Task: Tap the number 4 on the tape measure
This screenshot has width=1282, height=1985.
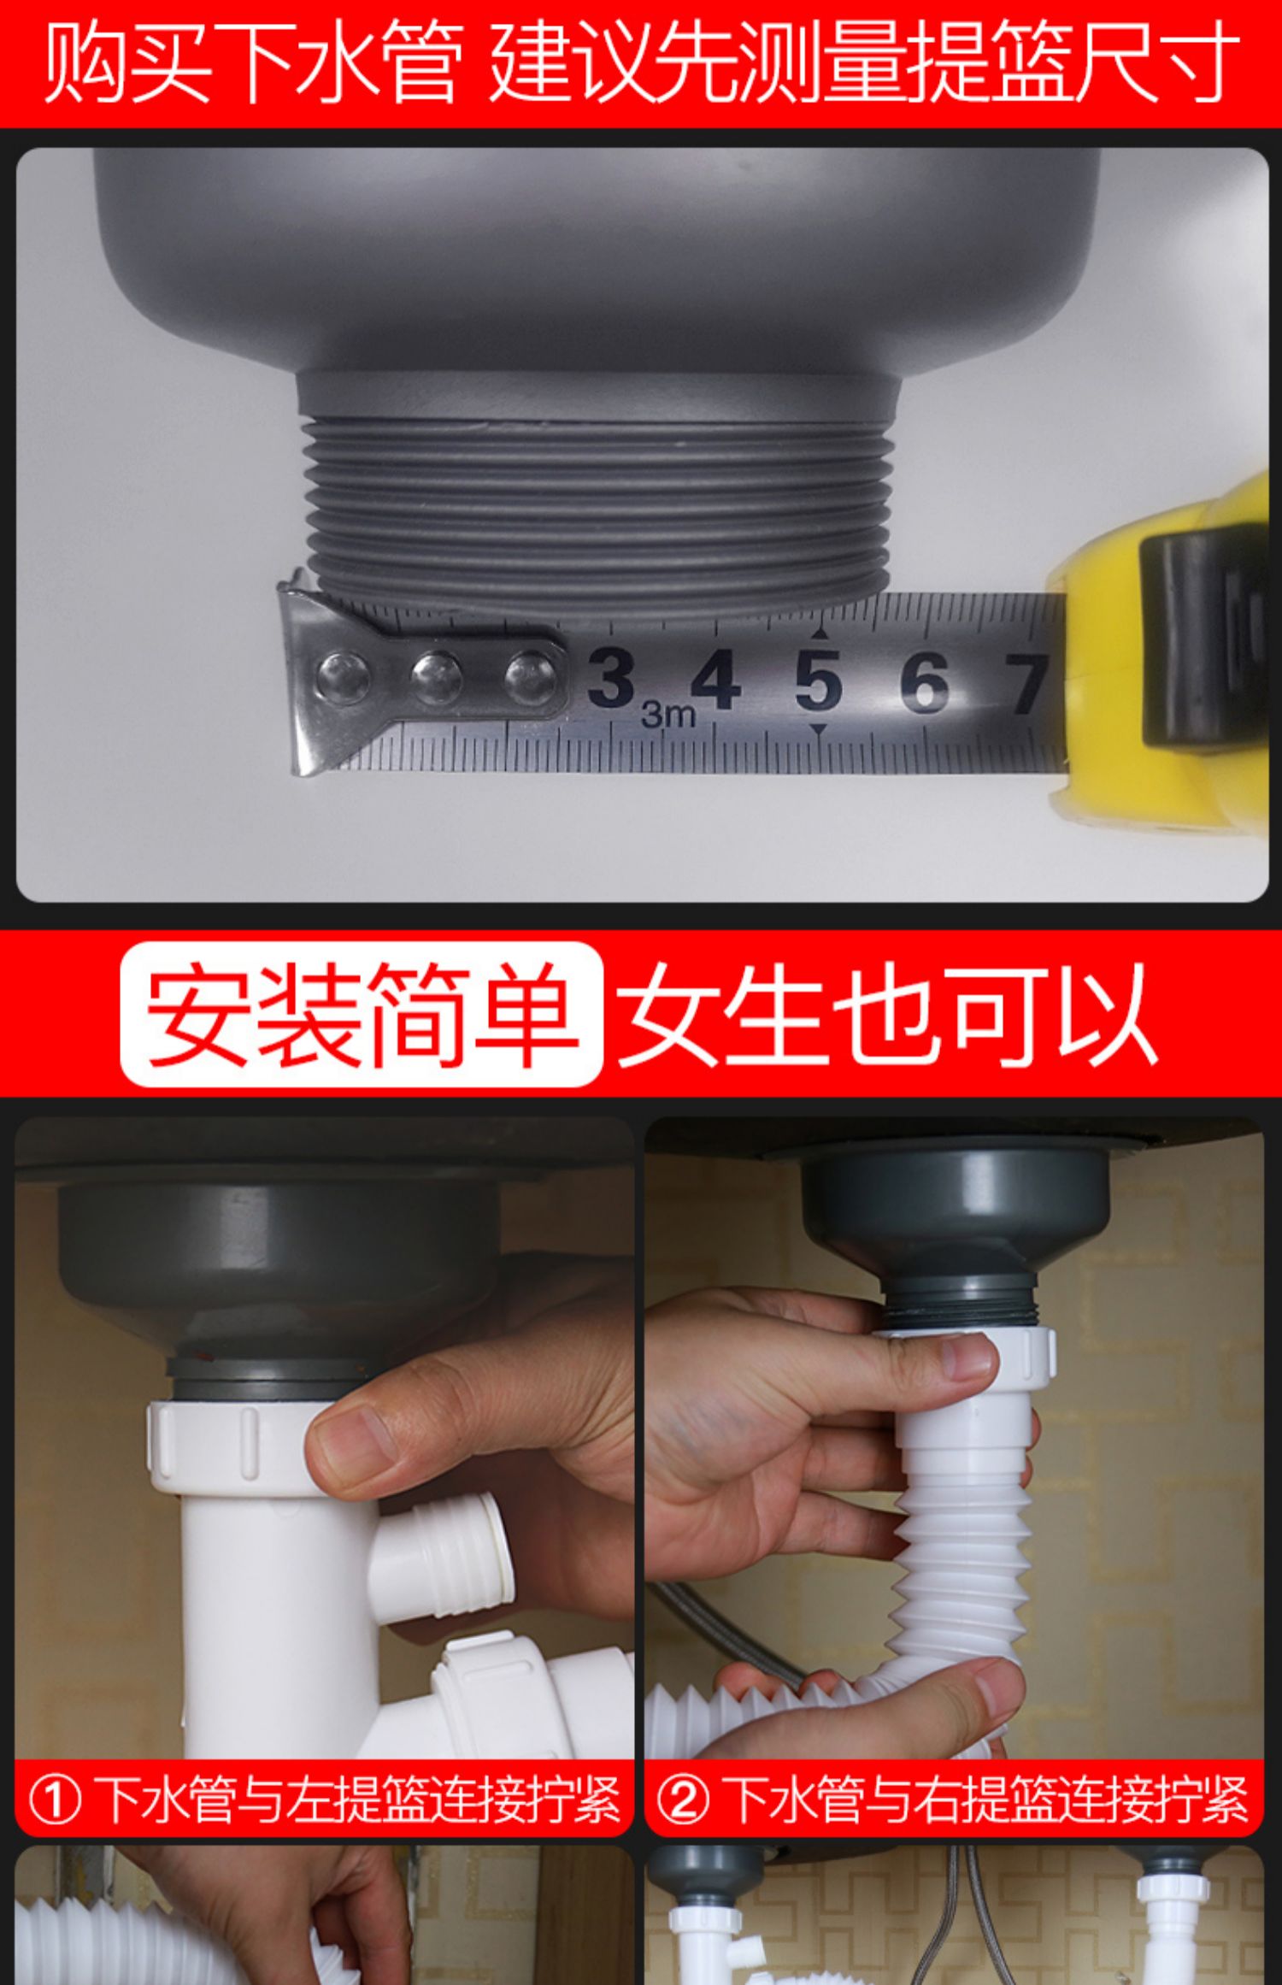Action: coord(715,680)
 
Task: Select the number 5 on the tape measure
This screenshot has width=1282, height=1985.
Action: coord(818,681)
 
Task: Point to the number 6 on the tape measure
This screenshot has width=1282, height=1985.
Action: coord(924,682)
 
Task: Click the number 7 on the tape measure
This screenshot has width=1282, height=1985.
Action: coord(1025,684)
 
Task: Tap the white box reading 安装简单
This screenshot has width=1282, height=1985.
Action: coord(362,1014)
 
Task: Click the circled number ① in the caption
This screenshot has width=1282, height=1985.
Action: coord(55,1799)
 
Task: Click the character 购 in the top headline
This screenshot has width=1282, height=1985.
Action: coord(85,62)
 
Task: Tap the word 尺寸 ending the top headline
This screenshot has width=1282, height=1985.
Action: coord(1158,62)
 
